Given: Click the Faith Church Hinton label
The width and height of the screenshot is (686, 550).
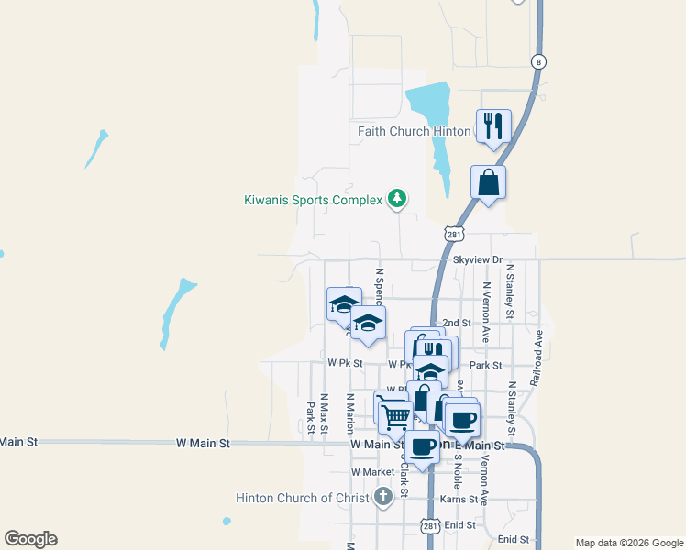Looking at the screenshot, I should [x=414, y=131].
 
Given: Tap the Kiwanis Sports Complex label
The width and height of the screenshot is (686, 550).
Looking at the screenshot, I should [x=313, y=200].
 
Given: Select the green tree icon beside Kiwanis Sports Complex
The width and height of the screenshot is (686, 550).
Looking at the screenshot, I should [x=396, y=198].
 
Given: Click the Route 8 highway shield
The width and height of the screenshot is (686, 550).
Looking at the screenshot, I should [x=537, y=61].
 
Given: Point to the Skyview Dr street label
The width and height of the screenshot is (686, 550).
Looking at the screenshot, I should [x=479, y=260].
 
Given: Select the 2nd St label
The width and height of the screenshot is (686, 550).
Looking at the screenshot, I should [x=456, y=323].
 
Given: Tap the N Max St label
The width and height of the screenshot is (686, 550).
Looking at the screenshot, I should [x=324, y=415].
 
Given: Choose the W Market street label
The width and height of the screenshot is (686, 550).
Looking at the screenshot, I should [x=372, y=472].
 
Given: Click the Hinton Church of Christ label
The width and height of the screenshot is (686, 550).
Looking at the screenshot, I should [x=303, y=499].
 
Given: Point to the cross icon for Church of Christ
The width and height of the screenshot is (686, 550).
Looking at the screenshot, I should [x=384, y=498].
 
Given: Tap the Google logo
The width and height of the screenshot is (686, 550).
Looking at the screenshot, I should [x=30, y=539].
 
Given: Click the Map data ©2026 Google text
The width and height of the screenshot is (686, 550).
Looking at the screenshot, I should [x=628, y=543].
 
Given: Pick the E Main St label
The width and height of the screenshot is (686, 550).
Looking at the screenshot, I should [x=486, y=445].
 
